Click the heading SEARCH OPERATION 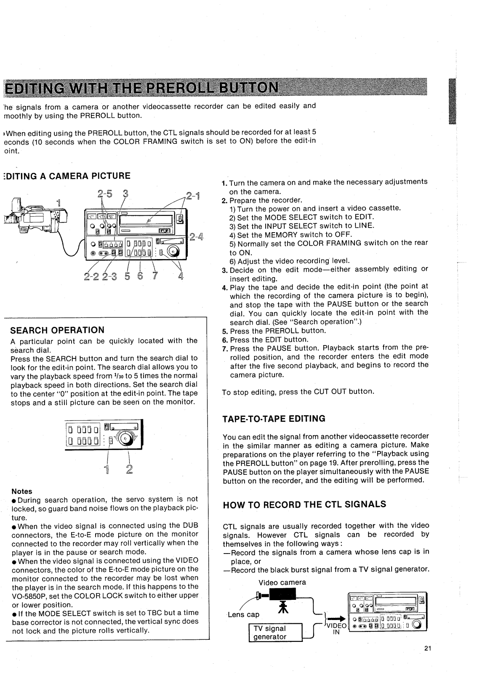[x=57, y=330]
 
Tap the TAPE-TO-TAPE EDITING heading [x=274, y=419]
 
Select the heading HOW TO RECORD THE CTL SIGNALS [x=304, y=504]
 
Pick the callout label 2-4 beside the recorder [x=196, y=236]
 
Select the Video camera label [x=282, y=583]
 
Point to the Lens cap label [x=244, y=615]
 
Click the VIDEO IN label [x=336, y=628]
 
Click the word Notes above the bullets [x=22, y=491]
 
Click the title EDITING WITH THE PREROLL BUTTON [x=141, y=88]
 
